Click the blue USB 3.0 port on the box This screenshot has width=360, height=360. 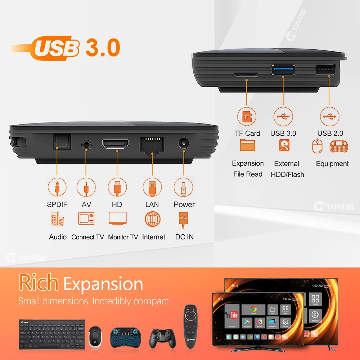coord(284,69)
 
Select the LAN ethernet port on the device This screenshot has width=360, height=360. coord(153,145)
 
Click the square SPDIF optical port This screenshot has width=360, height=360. coord(62,142)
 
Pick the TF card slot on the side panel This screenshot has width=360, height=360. coord(246,75)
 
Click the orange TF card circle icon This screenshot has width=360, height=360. coord(247,117)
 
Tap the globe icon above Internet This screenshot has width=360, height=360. coord(153,219)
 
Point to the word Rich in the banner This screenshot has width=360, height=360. coord(39,283)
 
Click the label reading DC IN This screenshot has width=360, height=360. coord(184,237)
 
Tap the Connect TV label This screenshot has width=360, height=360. coord(87,237)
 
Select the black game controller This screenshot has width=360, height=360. coord(163,338)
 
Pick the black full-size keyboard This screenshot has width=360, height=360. coord(52,334)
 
